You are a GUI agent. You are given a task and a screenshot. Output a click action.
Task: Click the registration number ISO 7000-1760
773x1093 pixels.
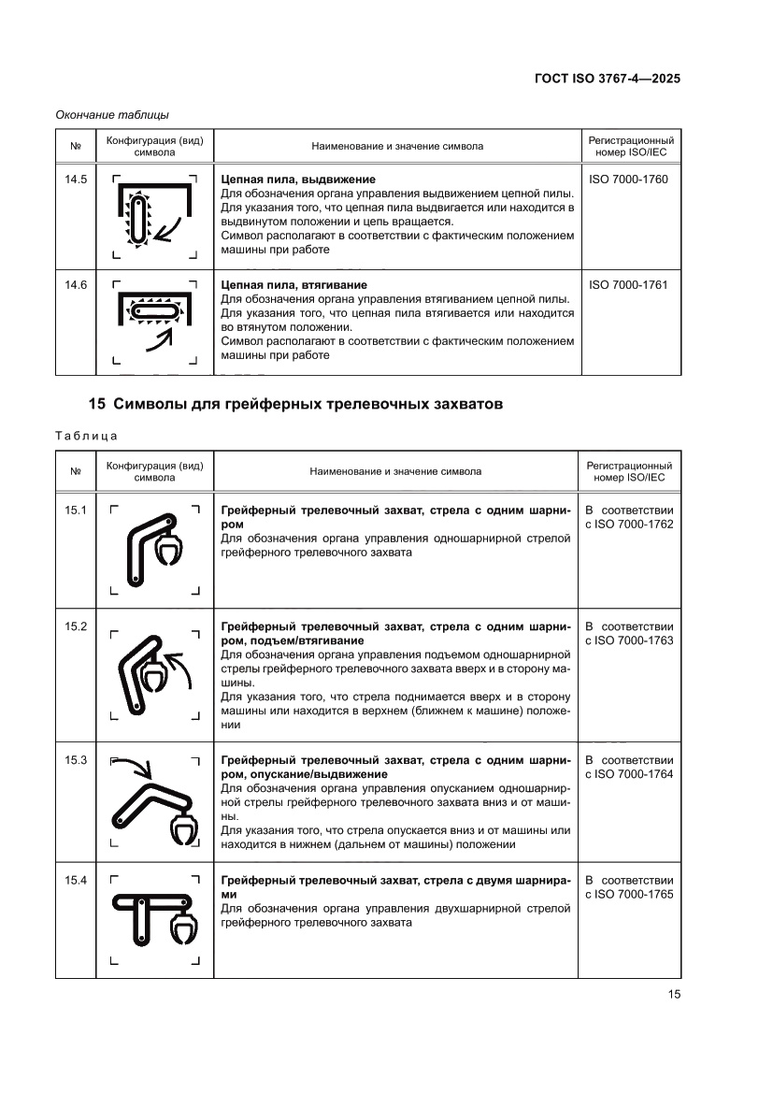[x=629, y=179]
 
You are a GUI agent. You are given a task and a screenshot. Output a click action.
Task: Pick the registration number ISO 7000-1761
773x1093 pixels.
[x=629, y=284]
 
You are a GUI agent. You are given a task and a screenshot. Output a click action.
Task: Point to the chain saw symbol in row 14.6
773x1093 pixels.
[x=155, y=309]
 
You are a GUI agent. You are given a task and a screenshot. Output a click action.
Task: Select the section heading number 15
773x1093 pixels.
[x=96, y=405]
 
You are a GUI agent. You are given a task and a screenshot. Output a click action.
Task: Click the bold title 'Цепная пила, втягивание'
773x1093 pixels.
[x=293, y=284]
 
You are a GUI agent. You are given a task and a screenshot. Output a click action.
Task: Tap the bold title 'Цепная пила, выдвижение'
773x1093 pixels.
[x=297, y=179]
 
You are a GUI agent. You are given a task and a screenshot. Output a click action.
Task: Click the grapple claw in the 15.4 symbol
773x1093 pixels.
[x=180, y=928]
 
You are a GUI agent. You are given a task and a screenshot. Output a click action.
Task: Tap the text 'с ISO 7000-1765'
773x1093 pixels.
[x=629, y=895]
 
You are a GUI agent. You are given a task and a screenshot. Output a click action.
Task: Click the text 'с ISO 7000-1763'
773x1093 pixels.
[x=629, y=640]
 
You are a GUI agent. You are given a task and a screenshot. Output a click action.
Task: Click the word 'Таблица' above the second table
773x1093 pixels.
[x=86, y=436]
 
